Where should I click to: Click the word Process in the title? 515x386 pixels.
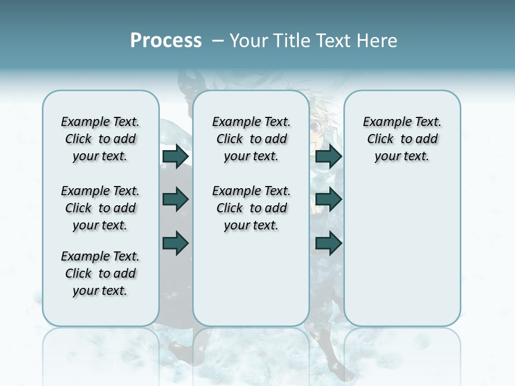pyautogui.click(x=166, y=40)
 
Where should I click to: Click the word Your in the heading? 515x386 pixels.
pyautogui.click(x=248, y=41)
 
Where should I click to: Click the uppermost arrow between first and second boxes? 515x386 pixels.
pyautogui.click(x=175, y=156)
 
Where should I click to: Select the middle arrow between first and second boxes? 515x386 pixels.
pyautogui.click(x=175, y=200)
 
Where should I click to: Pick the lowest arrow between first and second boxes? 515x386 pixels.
pyautogui.click(x=175, y=243)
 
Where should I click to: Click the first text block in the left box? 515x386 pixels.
pyautogui.click(x=100, y=139)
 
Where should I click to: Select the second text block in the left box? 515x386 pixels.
pyautogui.click(x=100, y=208)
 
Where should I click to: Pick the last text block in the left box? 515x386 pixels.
pyautogui.click(x=100, y=273)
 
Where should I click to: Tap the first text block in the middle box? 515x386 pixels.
pyautogui.click(x=251, y=139)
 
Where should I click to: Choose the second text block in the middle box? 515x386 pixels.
pyautogui.click(x=251, y=208)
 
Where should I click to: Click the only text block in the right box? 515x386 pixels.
pyautogui.click(x=402, y=139)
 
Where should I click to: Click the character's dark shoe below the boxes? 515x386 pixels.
pyautogui.click(x=180, y=351)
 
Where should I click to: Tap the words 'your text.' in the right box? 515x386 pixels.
pyautogui.click(x=402, y=157)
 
